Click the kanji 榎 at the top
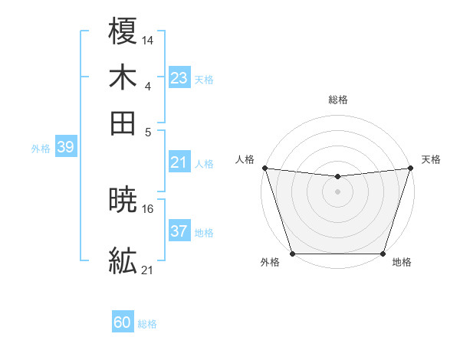123,32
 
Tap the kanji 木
123,77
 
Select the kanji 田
123,123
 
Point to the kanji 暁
123,200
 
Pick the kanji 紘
123,262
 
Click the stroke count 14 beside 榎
148,40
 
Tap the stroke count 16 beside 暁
148,208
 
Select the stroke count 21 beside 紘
148,270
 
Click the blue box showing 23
179,78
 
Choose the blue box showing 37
179,231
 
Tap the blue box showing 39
65,147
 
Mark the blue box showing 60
123,322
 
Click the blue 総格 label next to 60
148,324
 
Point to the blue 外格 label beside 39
41,149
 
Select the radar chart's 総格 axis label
337,100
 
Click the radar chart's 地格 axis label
402,263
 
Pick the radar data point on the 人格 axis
264,168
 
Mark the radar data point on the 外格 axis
292,254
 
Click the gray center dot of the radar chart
337,191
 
